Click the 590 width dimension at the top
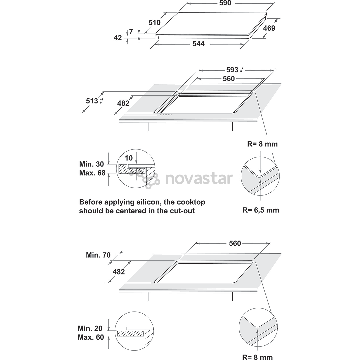coord(225,3)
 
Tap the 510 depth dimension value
coord(155,23)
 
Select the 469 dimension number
coord(269,28)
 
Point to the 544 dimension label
coord(198,44)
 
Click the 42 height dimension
coord(118,38)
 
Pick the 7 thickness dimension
coord(131,32)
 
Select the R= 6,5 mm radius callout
coord(261,210)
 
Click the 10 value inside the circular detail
coord(129,158)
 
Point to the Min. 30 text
coord(92,164)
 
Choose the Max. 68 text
coord(92,173)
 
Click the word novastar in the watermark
coord(199,179)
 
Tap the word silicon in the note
coord(149,202)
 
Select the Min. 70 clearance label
coord(98,255)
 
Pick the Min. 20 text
coord(90,328)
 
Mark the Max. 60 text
coord(91,337)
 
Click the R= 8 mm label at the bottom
coord(258,357)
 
